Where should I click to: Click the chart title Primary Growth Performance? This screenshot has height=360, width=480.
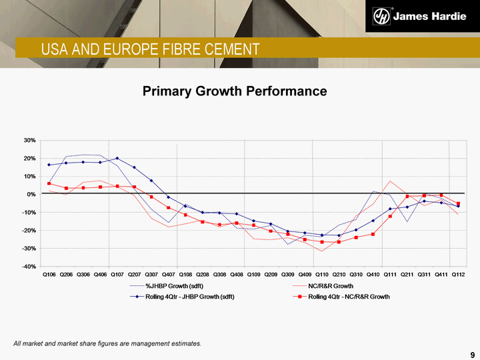click(x=235, y=91)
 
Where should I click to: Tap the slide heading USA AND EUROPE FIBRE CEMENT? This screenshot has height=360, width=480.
click(x=150, y=49)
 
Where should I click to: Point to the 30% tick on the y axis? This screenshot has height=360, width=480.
click(x=29, y=141)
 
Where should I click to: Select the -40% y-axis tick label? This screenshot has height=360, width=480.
click(x=29, y=266)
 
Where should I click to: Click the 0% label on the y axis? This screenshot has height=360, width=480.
click(x=31, y=194)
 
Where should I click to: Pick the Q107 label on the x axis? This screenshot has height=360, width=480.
click(x=117, y=274)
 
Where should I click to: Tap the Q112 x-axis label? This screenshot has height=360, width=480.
click(x=458, y=274)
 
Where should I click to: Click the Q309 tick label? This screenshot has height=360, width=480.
click(x=288, y=274)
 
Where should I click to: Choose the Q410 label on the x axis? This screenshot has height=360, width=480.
click(x=373, y=274)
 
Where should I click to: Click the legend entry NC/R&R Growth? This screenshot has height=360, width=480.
click(x=331, y=285)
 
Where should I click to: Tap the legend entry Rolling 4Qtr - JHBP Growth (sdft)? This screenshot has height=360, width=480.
click(x=189, y=296)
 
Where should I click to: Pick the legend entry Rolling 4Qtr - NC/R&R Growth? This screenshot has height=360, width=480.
click(x=349, y=296)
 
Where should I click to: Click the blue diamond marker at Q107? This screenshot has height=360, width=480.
click(x=117, y=159)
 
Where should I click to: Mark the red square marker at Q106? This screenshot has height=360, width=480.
click(x=49, y=183)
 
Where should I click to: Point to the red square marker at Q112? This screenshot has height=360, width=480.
click(x=458, y=204)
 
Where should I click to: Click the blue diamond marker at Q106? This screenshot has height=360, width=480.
click(x=49, y=165)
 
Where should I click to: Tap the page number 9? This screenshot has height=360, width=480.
click(x=472, y=353)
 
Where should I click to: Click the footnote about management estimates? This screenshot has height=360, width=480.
click(x=107, y=343)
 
